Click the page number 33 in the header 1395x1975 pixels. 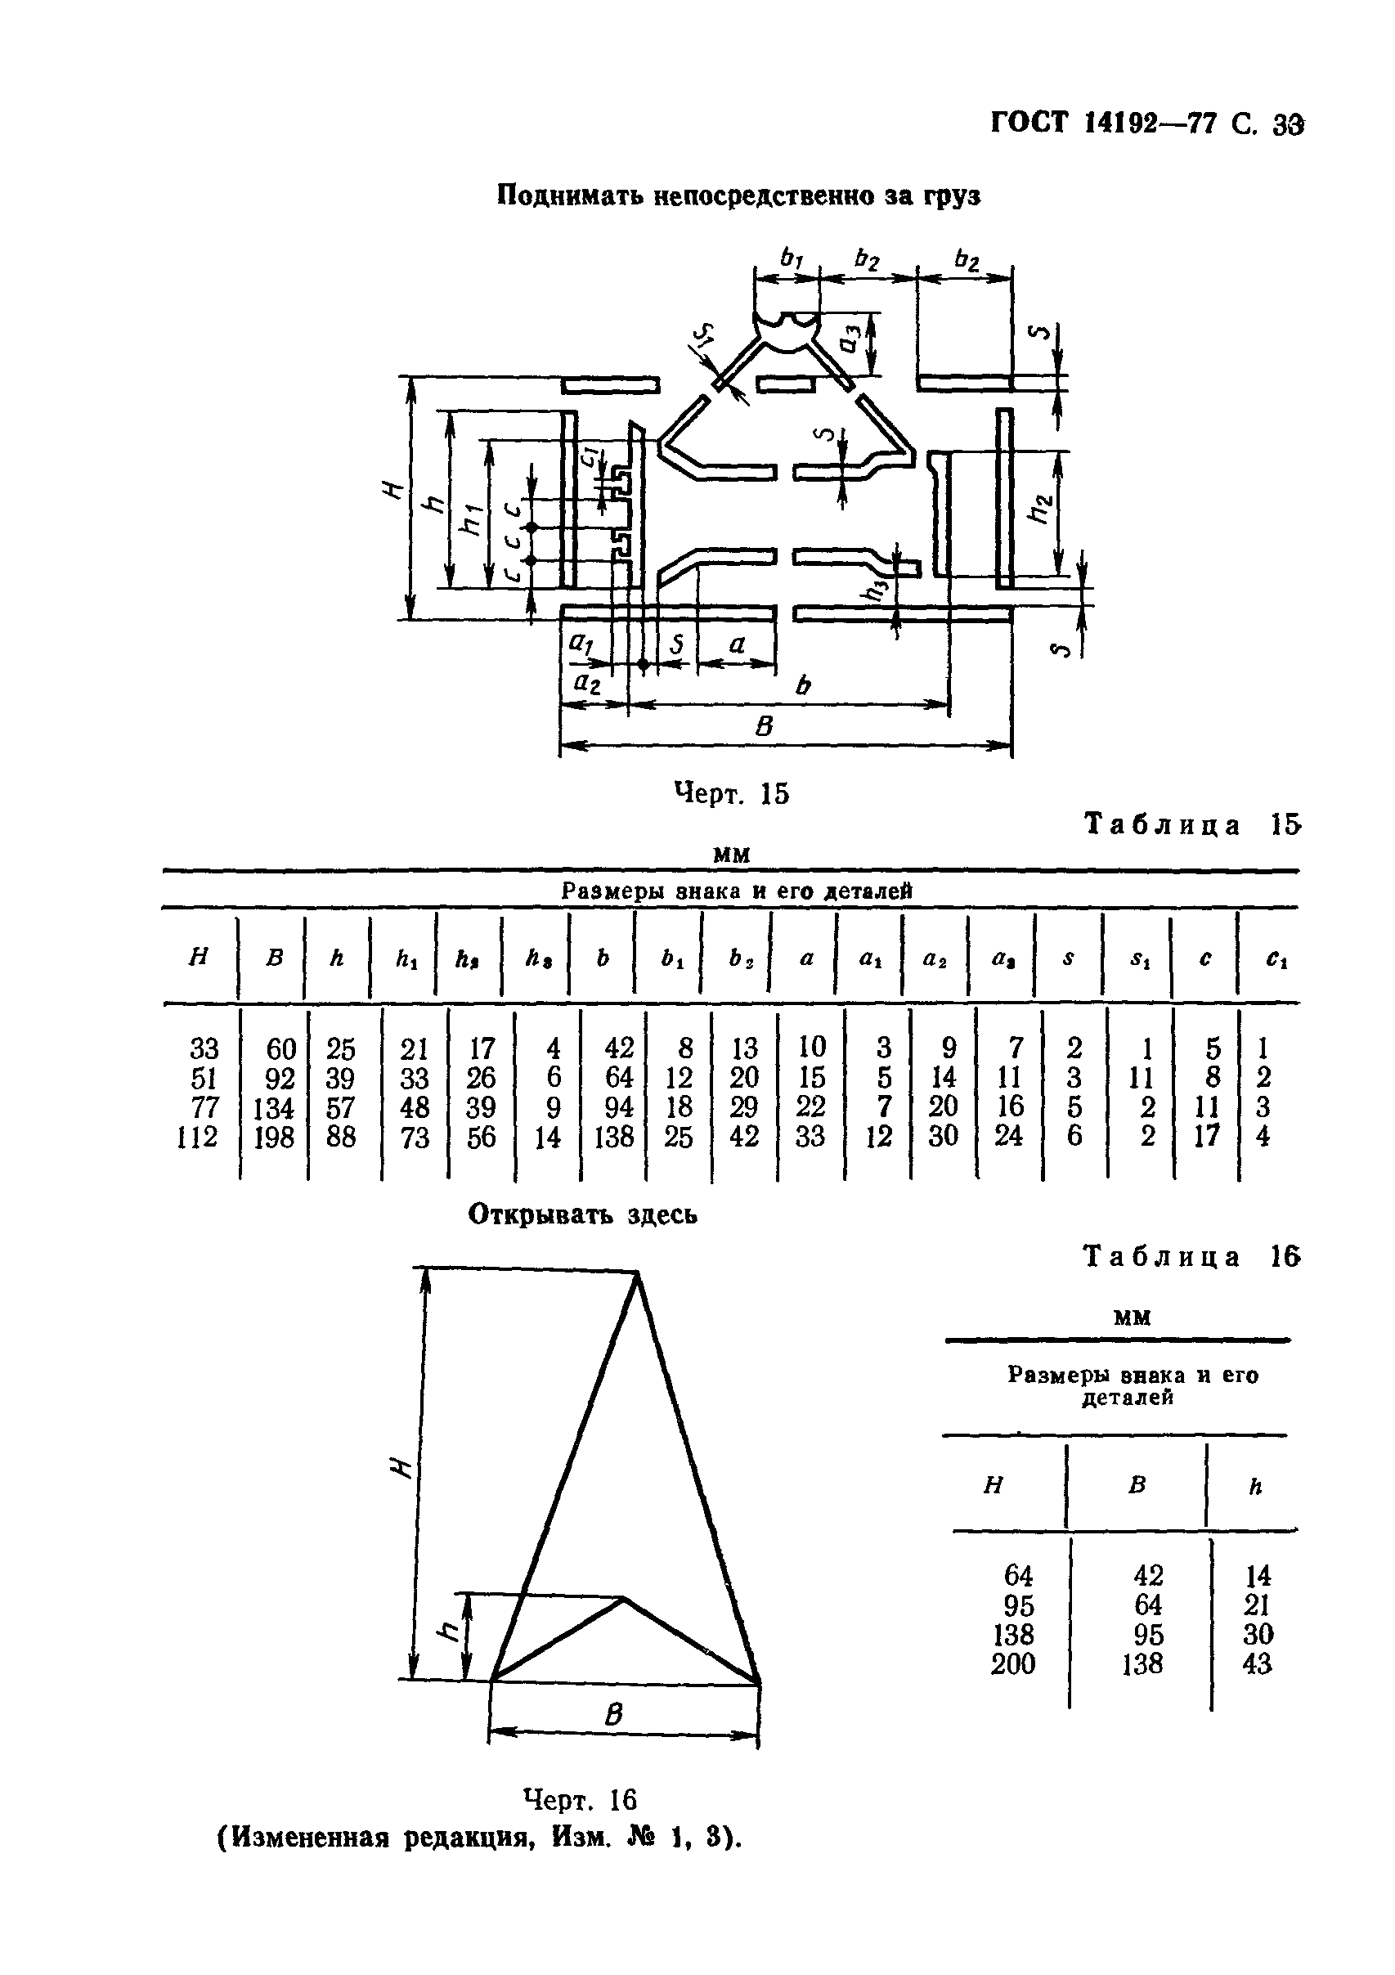[x=1289, y=126]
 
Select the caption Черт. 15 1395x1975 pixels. [x=731, y=793]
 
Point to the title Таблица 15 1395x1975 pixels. [x=1192, y=825]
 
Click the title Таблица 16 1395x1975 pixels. [x=1192, y=1257]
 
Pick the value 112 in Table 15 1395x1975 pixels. [x=198, y=1138]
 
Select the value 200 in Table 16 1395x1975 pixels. [x=1013, y=1663]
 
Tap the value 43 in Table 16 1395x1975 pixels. [x=1257, y=1663]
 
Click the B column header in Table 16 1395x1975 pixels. [x=1137, y=1484]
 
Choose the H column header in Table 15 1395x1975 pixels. [x=198, y=958]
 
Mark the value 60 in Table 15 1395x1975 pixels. [x=281, y=1048]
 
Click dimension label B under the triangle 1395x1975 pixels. [x=613, y=1715]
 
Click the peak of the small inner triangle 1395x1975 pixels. [x=624, y=1598]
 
